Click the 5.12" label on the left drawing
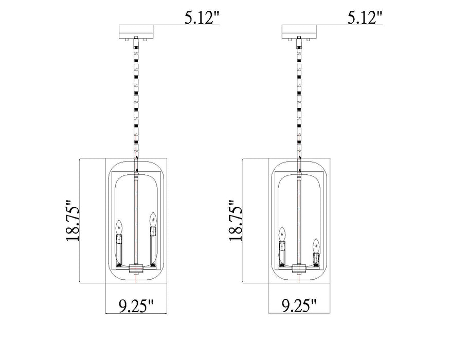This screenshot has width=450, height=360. (x=202, y=19)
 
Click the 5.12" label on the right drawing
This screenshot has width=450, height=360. (x=365, y=19)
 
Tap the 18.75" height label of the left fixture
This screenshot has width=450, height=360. (x=72, y=221)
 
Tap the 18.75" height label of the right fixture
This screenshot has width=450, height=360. (x=235, y=221)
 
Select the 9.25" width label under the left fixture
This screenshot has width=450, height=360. (x=136, y=307)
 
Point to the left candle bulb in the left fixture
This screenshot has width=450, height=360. (x=119, y=226)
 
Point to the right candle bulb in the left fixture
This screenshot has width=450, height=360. (x=152, y=219)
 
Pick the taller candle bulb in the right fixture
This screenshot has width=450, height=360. (x=282, y=233)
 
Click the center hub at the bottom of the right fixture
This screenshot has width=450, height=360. (x=298, y=267)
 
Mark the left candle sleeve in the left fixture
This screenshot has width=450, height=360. (x=119, y=241)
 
